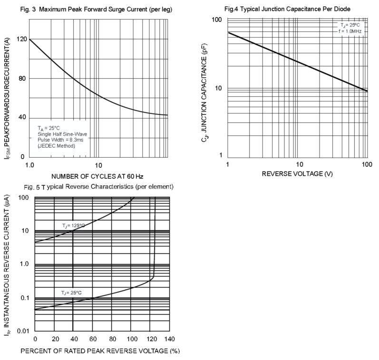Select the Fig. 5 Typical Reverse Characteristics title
[x=100, y=186]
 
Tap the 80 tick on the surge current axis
[x=21, y=79]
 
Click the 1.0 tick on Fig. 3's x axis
[x=29, y=165]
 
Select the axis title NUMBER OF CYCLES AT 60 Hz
[x=97, y=176]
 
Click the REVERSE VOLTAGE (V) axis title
[x=297, y=174]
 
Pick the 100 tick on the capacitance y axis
[x=217, y=20]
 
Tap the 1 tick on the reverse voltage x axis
[x=228, y=164]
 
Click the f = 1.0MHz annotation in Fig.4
[x=351, y=31]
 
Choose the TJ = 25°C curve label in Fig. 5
[x=71, y=293]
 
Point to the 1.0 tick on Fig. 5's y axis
[x=24, y=264]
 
